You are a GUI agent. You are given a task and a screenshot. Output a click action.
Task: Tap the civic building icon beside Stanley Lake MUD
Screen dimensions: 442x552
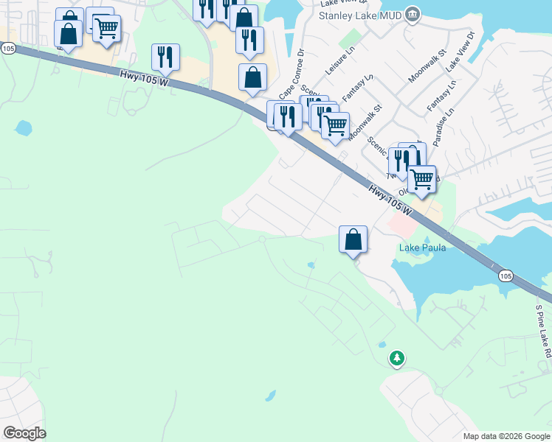413,14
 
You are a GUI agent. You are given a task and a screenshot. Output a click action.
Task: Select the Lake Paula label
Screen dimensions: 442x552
423,248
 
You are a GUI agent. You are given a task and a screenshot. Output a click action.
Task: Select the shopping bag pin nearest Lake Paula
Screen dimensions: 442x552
353,239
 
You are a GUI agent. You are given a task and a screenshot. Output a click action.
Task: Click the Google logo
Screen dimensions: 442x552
24,433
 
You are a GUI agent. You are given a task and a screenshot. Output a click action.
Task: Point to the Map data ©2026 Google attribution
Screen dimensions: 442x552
506,436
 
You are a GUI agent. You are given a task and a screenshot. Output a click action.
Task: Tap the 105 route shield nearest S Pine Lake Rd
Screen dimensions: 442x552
505,276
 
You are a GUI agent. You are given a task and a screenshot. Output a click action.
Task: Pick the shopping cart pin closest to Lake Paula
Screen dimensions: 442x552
421,179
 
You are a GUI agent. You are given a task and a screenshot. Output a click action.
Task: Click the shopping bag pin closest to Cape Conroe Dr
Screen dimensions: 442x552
252,77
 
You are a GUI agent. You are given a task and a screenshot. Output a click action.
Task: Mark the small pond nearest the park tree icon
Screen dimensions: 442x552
382,345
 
